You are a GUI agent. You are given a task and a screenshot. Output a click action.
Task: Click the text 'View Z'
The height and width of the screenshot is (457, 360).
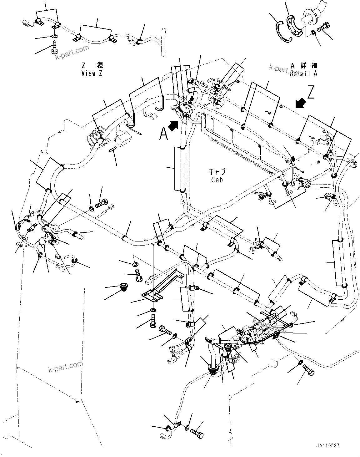coord(92,73)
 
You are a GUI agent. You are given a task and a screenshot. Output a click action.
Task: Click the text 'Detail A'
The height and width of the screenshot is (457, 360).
coord(303,74)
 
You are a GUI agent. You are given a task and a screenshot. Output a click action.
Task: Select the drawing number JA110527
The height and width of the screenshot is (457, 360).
coord(327,445)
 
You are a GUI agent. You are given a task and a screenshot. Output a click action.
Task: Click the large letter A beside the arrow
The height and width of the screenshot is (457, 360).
coord(163,134)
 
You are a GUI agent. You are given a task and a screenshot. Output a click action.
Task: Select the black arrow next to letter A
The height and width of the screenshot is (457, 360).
coord(174,125)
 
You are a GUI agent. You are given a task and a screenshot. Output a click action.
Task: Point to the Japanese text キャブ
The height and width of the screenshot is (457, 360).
coord(217,172)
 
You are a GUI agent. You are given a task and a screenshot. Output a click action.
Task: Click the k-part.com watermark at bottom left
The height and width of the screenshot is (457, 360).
coord(65,367)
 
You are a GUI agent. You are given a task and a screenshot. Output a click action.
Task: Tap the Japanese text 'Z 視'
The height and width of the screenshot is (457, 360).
coord(92,65)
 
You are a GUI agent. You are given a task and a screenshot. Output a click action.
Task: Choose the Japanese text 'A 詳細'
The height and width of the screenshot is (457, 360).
coord(304,66)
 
